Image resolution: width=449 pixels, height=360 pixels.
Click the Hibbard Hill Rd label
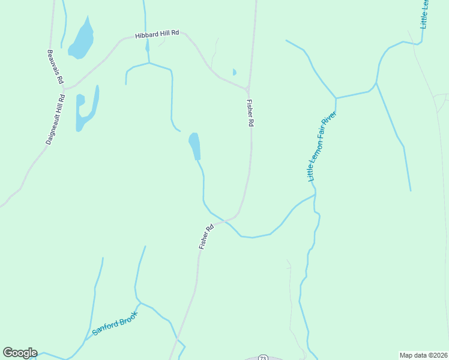click(157, 34)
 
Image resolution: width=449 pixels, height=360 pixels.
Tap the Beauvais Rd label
click(56, 66)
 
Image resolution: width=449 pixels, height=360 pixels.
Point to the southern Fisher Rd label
click(206, 237)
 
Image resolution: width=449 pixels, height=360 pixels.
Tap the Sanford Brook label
click(115, 323)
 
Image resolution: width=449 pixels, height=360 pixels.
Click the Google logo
click(20, 353)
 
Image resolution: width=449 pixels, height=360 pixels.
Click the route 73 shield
click(263, 358)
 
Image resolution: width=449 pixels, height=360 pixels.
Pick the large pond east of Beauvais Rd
click(82, 40)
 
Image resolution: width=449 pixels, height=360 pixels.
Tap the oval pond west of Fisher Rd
click(194, 145)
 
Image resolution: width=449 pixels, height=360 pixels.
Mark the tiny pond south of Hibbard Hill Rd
click(234, 72)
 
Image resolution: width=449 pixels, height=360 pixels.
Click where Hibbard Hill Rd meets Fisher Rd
click(247, 88)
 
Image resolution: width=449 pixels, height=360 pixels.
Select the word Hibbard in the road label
click(146, 35)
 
